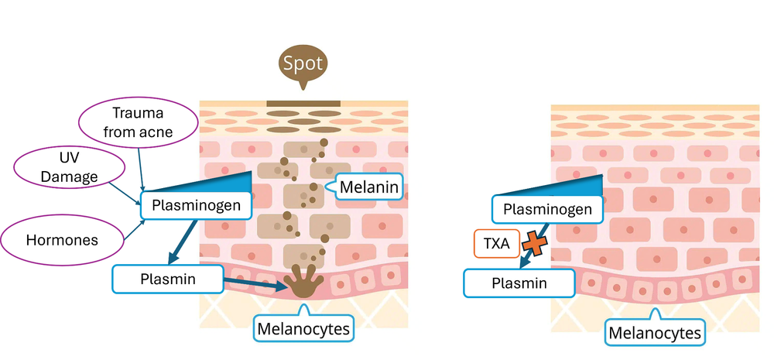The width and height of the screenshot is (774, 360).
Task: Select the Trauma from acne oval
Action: (x=137, y=121)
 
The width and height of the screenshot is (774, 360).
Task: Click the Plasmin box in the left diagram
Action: (x=167, y=279)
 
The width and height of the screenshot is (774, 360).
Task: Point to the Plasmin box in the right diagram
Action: (x=519, y=283)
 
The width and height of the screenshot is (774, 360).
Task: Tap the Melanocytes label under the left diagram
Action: (x=303, y=329)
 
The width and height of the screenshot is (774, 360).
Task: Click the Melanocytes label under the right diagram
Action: (x=656, y=334)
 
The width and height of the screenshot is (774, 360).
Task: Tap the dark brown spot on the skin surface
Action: (x=303, y=104)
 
